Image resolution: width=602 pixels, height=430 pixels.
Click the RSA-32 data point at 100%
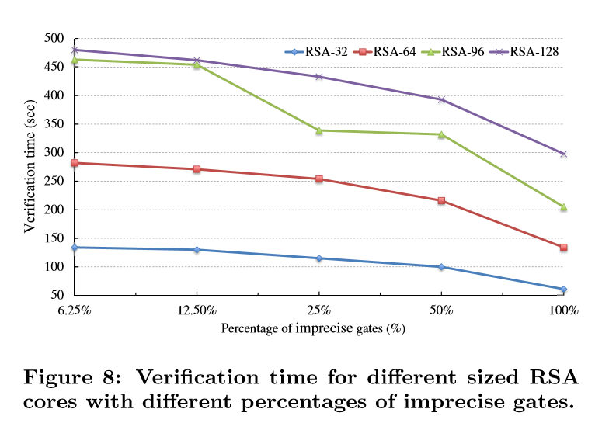click(563, 290)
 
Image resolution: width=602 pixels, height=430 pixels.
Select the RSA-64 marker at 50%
click(441, 201)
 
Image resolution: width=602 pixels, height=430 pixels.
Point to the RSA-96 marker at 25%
click(318, 130)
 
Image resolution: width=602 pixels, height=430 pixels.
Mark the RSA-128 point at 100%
click(563, 154)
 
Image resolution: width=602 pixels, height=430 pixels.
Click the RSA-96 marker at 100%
click(563, 207)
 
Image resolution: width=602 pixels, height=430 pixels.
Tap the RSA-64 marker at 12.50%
click(197, 169)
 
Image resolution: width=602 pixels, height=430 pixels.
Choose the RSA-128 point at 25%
click(318, 77)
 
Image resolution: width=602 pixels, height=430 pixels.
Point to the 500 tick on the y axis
click(54, 39)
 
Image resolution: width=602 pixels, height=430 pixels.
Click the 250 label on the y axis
click(54, 182)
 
